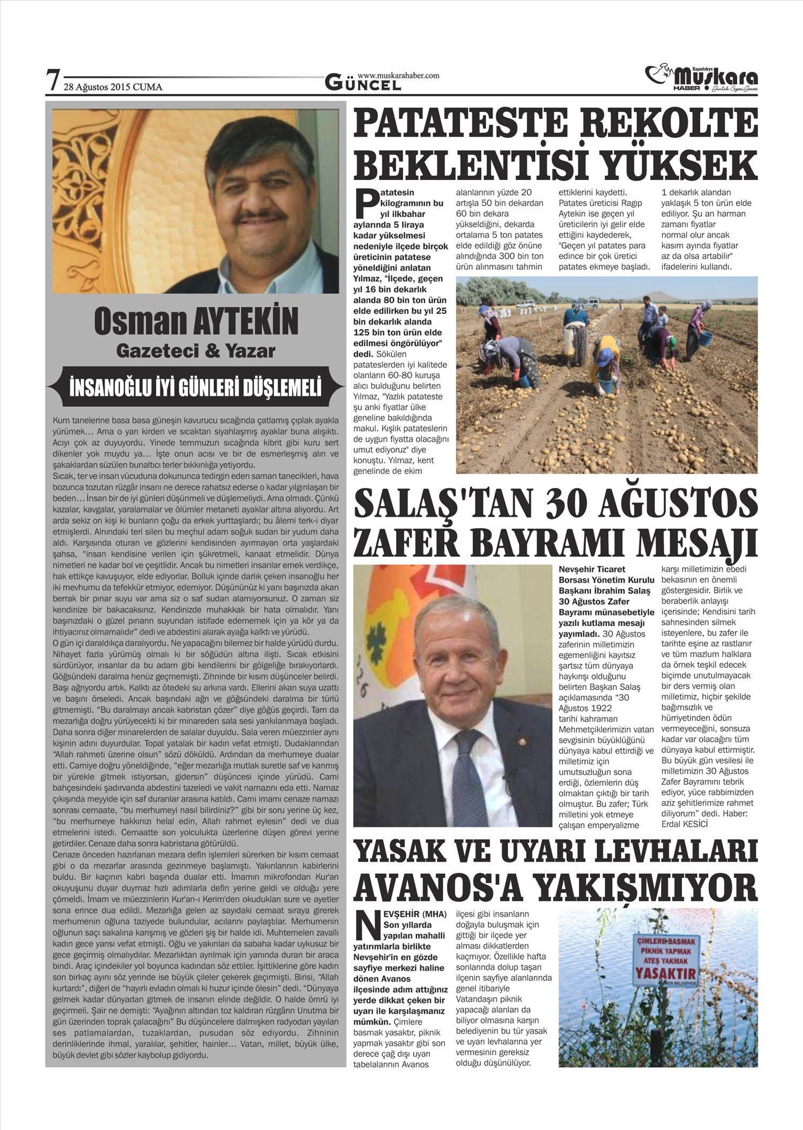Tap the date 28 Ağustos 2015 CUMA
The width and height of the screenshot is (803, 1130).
point(113,87)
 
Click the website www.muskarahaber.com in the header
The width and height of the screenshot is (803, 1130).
point(398,76)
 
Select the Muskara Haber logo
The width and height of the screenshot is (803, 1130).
point(702,79)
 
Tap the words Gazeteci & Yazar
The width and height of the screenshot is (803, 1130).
point(195,351)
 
